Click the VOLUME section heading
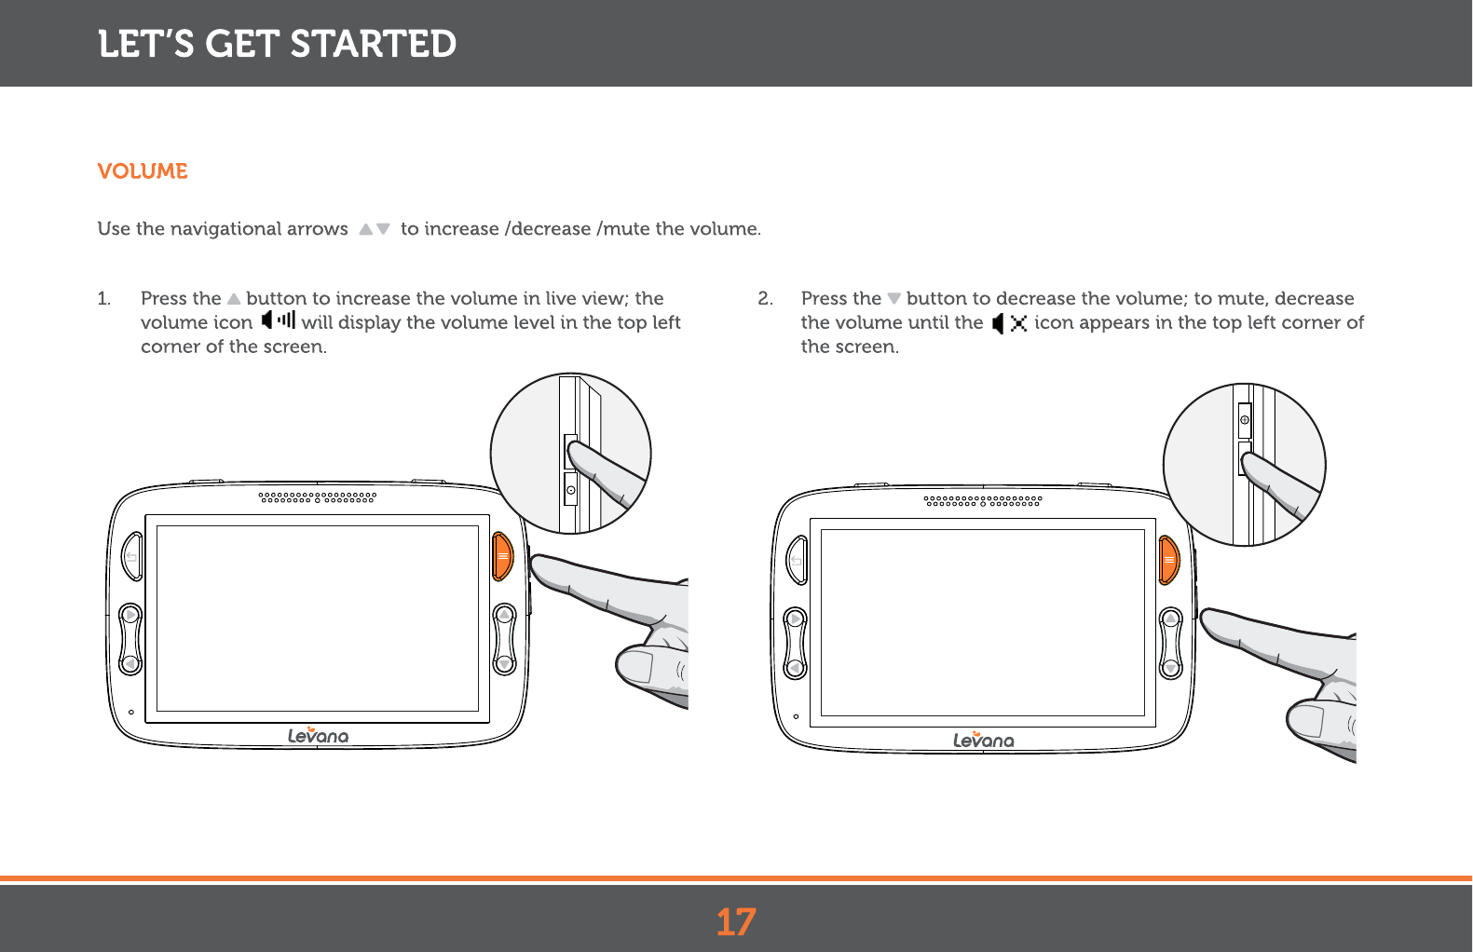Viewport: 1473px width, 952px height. (143, 171)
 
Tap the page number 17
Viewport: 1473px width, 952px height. (736, 922)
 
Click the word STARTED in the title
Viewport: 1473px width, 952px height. (373, 44)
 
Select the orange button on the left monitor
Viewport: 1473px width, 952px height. (502, 556)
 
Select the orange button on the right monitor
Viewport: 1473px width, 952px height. (1168, 560)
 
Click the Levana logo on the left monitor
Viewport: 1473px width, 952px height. (318, 736)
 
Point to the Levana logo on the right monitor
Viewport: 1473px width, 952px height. (983, 740)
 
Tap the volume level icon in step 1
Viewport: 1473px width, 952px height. (278, 320)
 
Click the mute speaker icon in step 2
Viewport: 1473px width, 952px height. (1009, 323)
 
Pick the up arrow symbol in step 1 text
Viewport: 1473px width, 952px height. (234, 299)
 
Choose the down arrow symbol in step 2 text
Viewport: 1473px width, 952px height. (893, 299)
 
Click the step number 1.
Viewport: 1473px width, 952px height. (103, 299)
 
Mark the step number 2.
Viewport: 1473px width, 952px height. (765, 299)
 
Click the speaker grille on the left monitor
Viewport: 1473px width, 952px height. (317, 497)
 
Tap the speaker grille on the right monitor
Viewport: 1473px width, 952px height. (982, 501)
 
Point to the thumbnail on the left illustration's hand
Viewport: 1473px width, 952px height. (636, 666)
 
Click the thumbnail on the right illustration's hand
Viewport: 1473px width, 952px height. (1306, 720)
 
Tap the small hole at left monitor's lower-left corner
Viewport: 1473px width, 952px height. (131, 713)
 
